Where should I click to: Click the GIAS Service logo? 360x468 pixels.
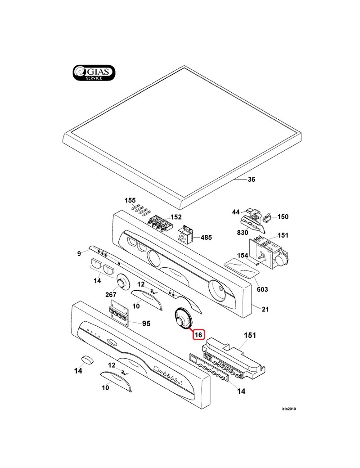94,73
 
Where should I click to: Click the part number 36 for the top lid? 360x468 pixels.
252,180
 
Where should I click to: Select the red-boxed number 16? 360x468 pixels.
198,335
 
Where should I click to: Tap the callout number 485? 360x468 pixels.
206,237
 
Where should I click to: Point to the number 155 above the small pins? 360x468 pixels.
130,200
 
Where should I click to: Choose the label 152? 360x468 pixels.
176,217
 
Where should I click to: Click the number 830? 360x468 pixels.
243,232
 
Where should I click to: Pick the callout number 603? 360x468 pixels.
262,289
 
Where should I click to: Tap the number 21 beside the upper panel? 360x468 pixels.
265,310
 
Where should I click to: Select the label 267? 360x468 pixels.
111,295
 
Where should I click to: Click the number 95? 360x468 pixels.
146,324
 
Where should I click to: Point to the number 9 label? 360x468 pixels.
79,254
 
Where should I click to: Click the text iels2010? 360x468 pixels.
288,409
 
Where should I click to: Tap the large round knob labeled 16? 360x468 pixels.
183,319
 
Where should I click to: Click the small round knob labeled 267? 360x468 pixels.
122,281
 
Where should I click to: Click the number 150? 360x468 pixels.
283,217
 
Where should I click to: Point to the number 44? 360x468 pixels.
236,212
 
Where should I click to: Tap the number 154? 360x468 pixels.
243,256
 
